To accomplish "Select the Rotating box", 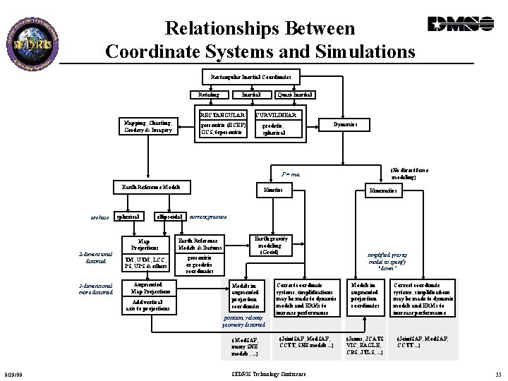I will coord(208,95).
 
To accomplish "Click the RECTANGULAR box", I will coord(222,114).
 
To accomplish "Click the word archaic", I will coord(99,217).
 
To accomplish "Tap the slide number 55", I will coord(497,373).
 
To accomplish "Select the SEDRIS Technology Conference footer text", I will coord(268,373).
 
